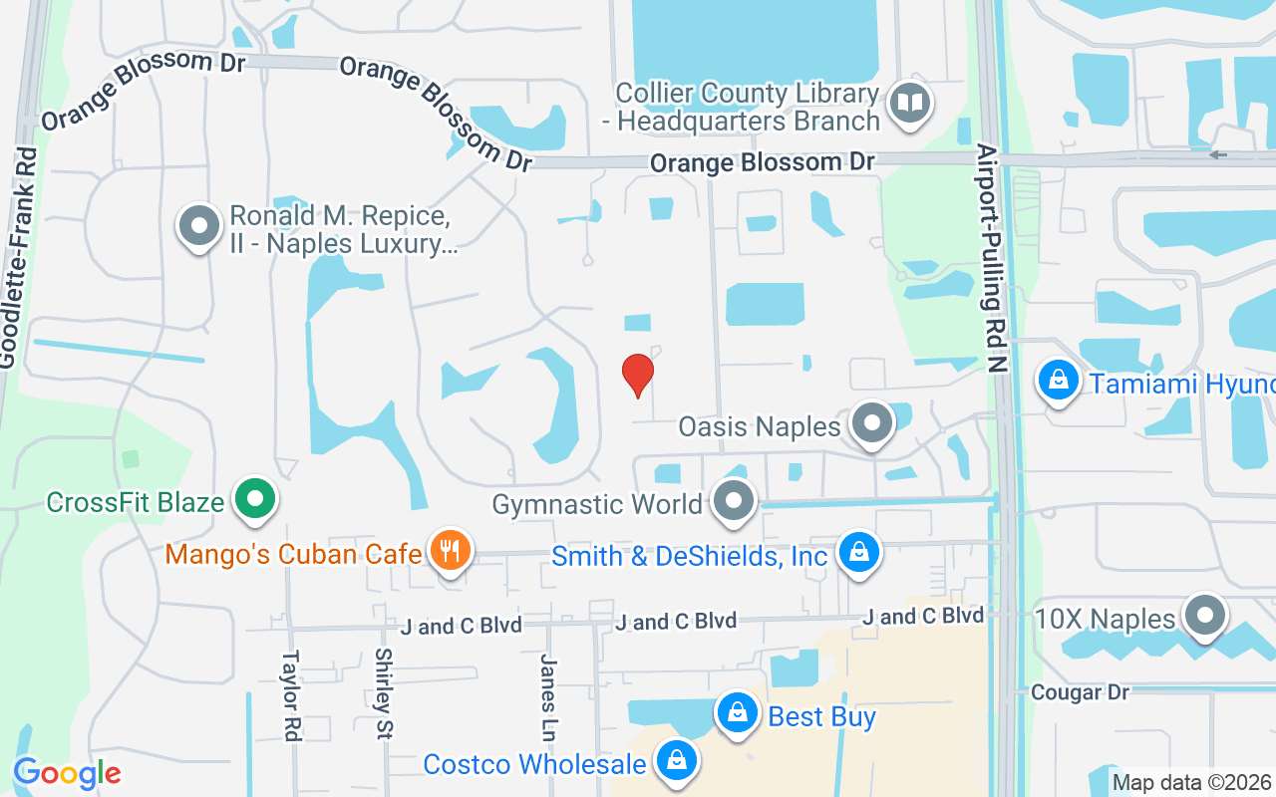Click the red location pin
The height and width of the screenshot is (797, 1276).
point(638,375)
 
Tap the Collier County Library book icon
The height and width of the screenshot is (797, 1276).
point(909,102)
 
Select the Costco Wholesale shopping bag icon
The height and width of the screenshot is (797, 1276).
point(677,761)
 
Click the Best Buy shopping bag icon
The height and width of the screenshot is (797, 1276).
point(737,712)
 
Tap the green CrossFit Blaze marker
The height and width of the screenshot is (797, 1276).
point(255,498)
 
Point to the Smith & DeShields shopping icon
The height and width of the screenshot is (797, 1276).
point(858,551)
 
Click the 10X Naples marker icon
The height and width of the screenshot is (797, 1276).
point(1204,616)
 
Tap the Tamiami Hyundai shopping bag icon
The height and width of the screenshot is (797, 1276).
point(1058,380)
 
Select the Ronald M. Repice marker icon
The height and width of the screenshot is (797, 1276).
point(198,225)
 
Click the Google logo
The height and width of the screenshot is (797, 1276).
point(67,773)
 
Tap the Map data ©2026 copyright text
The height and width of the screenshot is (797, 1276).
point(1191,782)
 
